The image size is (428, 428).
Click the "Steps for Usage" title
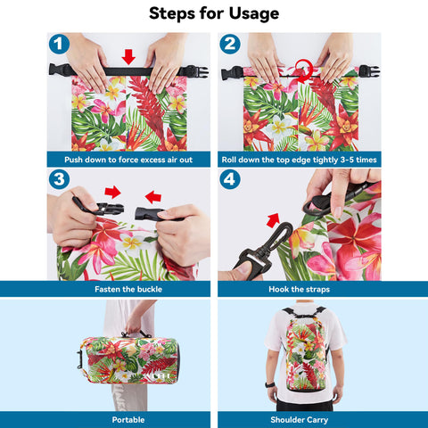[214, 13]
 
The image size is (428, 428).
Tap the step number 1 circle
[59, 44]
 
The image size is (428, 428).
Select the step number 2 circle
[230, 44]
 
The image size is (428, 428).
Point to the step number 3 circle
[59, 179]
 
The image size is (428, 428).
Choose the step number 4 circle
[230, 179]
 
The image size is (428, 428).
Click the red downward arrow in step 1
[128, 57]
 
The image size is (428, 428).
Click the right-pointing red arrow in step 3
[112, 192]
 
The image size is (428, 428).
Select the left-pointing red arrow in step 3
[153, 197]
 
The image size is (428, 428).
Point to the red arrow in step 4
[273, 220]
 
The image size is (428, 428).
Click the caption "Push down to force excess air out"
[128, 160]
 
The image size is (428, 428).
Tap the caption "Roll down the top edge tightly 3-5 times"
[300, 160]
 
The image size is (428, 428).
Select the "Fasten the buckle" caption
[128, 289]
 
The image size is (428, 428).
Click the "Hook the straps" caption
[300, 289]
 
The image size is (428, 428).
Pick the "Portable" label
[128, 420]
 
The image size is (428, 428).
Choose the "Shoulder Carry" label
[300, 420]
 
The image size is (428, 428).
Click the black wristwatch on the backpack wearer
[269, 385]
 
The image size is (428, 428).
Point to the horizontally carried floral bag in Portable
[128, 359]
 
